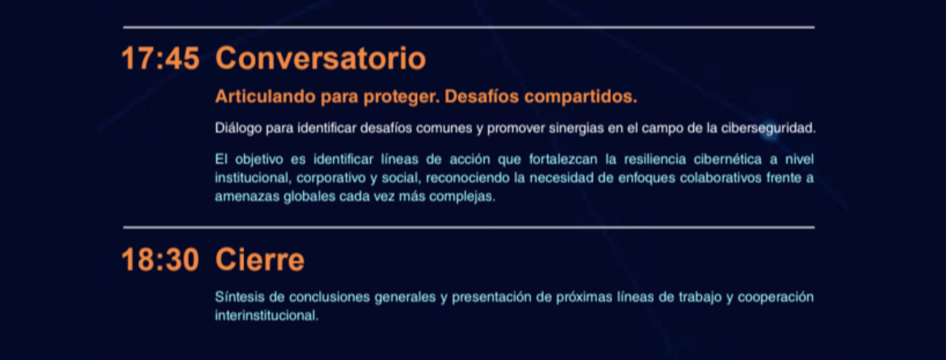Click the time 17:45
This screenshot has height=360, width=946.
point(160,59)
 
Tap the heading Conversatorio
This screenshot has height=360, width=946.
point(320,59)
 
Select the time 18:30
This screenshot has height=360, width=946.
point(160,260)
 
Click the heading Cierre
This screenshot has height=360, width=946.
point(260,260)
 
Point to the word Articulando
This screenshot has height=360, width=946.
point(265,96)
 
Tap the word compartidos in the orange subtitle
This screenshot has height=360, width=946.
point(581,97)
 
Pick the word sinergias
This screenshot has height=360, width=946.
point(576,128)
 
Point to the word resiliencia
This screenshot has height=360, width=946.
point(655,159)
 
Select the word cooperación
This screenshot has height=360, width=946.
point(775,297)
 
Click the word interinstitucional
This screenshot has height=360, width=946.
point(267,316)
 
